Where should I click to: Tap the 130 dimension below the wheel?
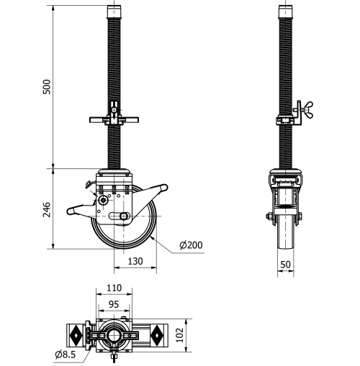(x=135, y=262)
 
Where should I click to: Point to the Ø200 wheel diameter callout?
(x=191, y=245)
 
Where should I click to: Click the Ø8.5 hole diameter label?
(x=66, y=354)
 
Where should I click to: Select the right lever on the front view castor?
(x=158, y=191)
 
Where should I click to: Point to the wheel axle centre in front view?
(x=125, y=216)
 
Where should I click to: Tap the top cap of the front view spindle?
(x=113, y=12)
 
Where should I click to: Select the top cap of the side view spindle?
(x=286, y=12)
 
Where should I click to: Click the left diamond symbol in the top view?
(x=75, y=335)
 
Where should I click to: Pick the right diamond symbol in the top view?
(x=158, y=335)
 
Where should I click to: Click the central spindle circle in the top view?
(x=114, y=335)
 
